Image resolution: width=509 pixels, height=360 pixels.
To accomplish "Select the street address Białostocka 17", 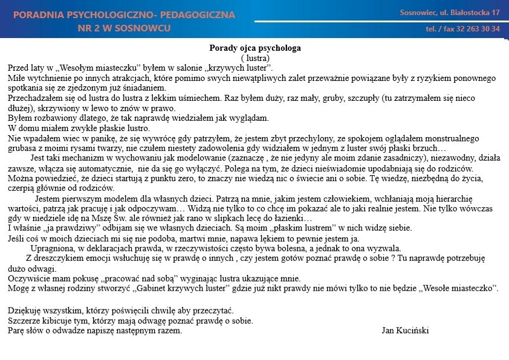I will pos(472,13).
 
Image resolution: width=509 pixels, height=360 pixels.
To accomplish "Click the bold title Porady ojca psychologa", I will pos(254,48).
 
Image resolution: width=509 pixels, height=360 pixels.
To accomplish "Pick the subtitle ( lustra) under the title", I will pos(254,57).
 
